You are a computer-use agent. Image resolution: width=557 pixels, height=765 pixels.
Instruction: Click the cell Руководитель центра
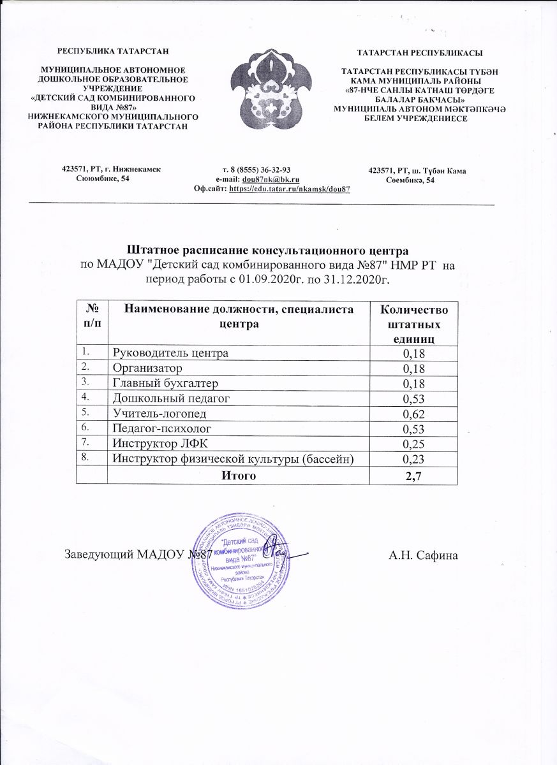[170, 353]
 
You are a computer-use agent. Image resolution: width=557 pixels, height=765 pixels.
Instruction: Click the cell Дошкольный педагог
[170, 398]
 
